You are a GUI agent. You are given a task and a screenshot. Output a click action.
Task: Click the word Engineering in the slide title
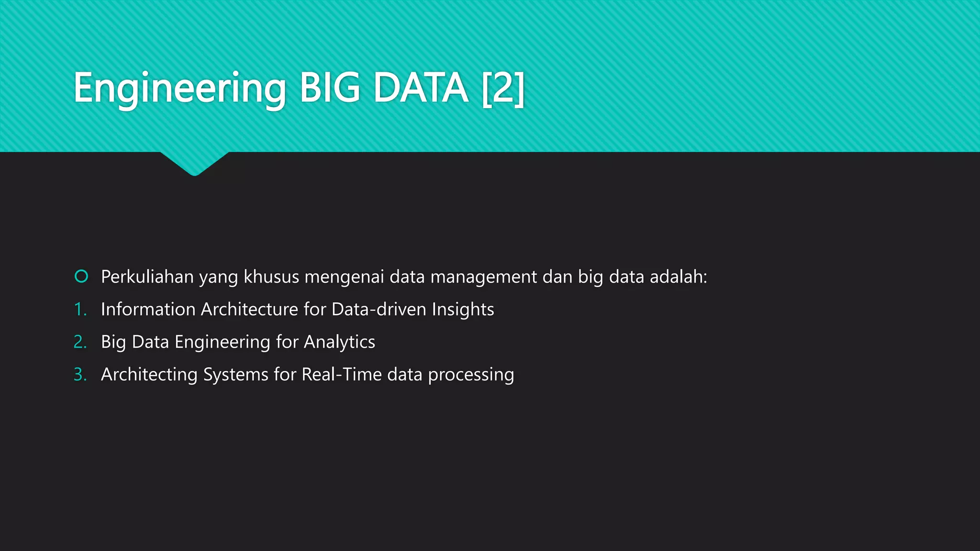point(179,88)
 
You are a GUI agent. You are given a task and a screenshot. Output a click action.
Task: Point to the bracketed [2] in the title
point(503,88)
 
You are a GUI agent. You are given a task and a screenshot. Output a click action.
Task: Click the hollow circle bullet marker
point(81,276)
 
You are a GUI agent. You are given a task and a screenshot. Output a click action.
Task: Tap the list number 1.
point(80,309)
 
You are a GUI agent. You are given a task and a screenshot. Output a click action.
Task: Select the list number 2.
point(80,342)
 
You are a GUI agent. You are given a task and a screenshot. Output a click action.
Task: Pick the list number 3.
point(80,375)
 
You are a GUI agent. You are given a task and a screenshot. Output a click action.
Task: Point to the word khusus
point(271,277)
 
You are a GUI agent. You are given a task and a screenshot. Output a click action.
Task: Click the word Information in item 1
point(148,309)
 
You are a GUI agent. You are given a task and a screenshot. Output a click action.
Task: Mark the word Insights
point(463,309)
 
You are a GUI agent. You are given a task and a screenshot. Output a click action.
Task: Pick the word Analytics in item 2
point(339,342)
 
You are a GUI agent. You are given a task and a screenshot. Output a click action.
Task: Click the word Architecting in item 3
point(149,375)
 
